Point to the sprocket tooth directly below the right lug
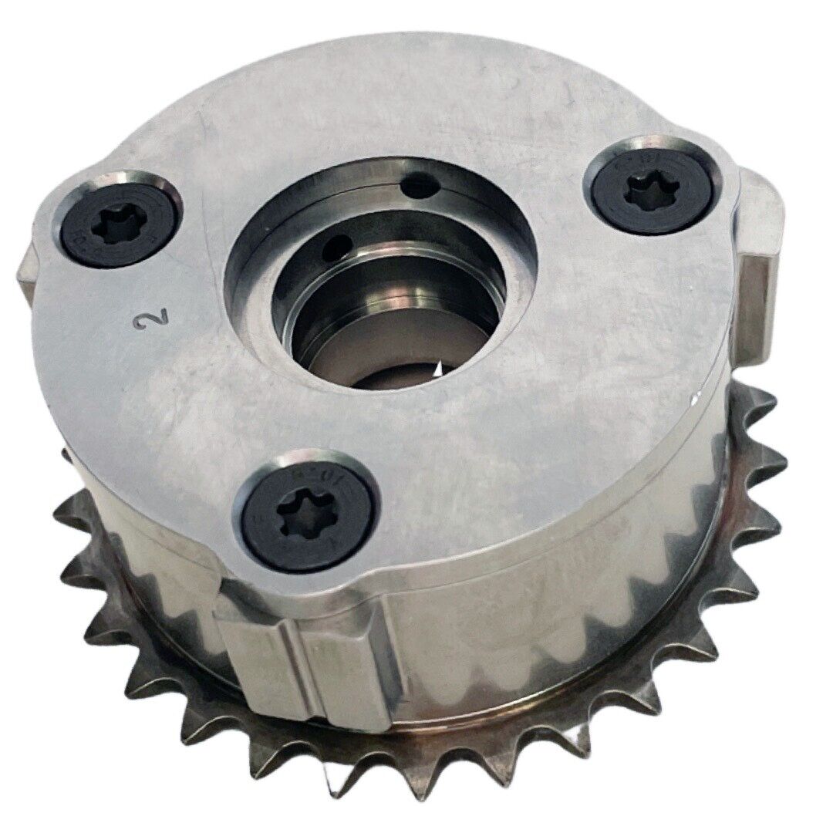click(x=764, y=409)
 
